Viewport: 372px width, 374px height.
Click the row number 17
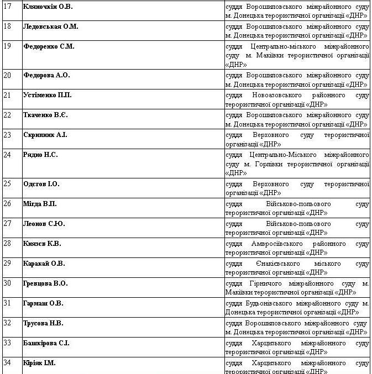tap(7, 7)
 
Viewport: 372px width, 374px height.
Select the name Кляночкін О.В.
tap(48, 7)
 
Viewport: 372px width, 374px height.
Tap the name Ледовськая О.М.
tap(51, 27)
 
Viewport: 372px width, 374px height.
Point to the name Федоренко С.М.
tap(49, 46)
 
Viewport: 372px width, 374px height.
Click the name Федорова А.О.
tap(46, 75)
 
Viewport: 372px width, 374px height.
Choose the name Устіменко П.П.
tap(48, 95)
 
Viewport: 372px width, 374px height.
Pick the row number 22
tap(7, 115)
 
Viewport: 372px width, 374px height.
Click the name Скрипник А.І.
tap(45, 135)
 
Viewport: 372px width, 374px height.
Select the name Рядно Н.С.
tap(40, 155)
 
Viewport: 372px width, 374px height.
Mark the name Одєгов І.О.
tap(41, 183)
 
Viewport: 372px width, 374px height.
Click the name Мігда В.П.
tap(40, 204)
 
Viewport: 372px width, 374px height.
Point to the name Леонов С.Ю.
tap(44, 224)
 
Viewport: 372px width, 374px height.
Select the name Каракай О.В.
tap(44, 264)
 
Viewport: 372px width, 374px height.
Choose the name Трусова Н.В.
tap(43, 323)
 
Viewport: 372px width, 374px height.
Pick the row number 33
tap(7, 343)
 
